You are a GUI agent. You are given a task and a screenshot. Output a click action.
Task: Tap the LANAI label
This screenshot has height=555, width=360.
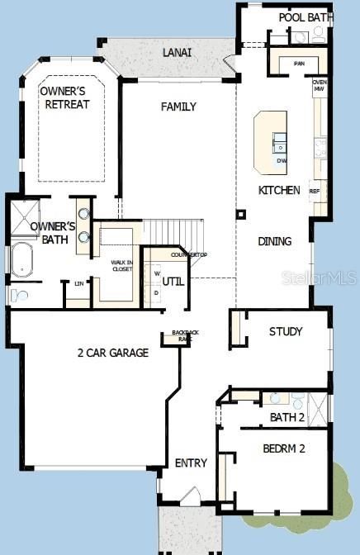pos(177,52)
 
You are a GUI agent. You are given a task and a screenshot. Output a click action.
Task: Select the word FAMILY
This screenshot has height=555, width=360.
pos(178,107)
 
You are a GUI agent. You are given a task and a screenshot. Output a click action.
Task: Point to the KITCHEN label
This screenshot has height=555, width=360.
pos(279,190)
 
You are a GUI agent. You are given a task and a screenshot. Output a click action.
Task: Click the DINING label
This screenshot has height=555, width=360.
pos(274,241)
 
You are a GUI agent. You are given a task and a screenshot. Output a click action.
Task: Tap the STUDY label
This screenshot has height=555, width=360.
pos(286,331)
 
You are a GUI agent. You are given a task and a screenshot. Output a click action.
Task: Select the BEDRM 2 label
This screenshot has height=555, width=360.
pos(284,448)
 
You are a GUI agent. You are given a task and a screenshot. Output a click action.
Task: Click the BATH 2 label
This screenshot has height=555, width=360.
pos(287,417)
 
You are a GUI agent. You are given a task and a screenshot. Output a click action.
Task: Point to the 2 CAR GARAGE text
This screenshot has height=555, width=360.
pos(112,353)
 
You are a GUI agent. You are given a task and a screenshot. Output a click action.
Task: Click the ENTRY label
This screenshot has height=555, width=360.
pos(191,462)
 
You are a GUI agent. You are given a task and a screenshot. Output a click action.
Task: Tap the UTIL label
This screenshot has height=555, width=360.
pos(172,281)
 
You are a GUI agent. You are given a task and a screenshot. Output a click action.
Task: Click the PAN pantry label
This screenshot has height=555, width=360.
pos(299,63)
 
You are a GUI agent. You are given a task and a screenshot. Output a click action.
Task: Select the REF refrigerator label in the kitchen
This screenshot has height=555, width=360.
pos(314,190)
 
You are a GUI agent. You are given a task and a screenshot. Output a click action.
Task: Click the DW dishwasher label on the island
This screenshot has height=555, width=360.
pos(282,160)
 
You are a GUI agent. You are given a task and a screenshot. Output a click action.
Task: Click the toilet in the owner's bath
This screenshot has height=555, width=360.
pos(18,295)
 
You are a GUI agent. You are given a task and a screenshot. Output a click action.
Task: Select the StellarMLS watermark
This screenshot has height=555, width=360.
pos(330,278)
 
